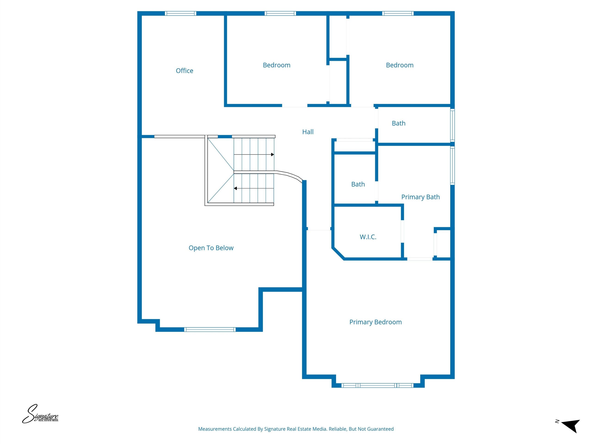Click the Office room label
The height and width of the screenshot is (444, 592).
coord(184,71)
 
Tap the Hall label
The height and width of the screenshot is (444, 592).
coord(308,132)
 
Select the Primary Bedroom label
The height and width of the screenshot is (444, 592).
coord(376,322)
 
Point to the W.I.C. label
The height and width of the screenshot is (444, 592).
coord(368,237)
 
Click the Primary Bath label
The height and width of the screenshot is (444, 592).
coord(420,197)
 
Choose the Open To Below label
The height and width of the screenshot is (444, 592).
coord(211,248)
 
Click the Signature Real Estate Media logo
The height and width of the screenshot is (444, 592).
coord(40,414)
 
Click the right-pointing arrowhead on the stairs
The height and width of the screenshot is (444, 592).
coord(272,154)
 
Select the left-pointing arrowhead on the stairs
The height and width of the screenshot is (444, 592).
coord(235,188)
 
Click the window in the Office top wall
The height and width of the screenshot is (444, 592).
coord(180,13)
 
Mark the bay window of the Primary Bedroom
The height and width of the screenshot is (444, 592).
coord(378,385)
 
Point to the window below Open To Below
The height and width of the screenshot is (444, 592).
coord(210,330)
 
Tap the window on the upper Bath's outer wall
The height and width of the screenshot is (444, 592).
coord(452,125)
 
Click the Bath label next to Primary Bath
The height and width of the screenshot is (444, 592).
coord(358,184)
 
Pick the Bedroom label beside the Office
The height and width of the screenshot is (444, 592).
coord(277,65)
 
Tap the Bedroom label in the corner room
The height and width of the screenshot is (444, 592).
coord(400,65)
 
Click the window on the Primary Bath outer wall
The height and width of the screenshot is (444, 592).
coord(452,166)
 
